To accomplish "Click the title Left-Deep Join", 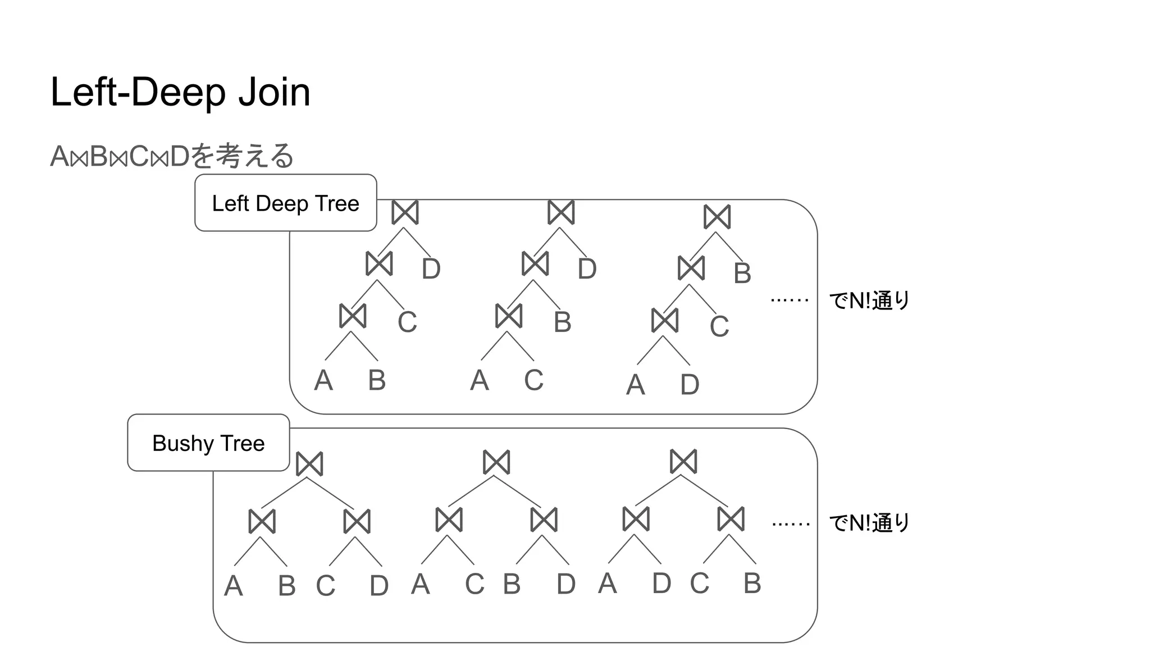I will point(180,92).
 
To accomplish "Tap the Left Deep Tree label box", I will point(285,203).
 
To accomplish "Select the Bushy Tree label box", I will point(208,443).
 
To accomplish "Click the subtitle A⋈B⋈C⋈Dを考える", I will point(172,156).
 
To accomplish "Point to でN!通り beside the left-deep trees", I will point(869,301).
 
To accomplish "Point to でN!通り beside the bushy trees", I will point(869,523).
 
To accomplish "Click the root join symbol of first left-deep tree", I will point(405,212).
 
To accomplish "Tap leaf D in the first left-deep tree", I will point(431,269).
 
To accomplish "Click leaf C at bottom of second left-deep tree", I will point(533,380).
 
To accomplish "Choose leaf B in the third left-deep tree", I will point(742,274).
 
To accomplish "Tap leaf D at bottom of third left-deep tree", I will point(690,385).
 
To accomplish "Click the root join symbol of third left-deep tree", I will point(717,217).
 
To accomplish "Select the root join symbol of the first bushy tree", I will point(309,464).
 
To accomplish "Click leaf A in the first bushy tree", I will point(234,586).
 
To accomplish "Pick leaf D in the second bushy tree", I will point(566,585).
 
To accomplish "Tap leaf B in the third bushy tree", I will point(752,584).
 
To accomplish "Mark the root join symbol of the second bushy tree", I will point(496,462).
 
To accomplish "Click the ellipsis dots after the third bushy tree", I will point(791,525).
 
